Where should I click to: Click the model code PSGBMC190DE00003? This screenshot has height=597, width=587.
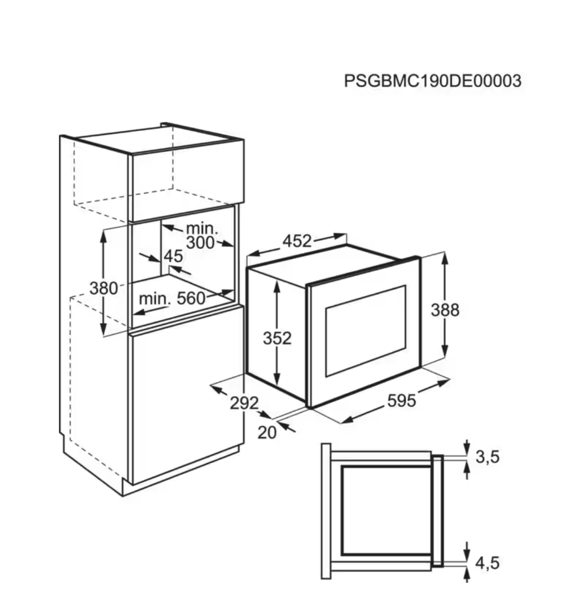pos(433,81)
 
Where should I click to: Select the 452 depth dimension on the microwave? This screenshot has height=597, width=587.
pos(297,241)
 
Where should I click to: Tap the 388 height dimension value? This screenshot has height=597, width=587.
pos(445,310)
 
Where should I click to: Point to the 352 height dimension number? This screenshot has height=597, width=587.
pos(277,338)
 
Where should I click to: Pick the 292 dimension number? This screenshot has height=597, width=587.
pos(244,403)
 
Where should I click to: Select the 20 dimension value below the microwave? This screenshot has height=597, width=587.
pos(266,432)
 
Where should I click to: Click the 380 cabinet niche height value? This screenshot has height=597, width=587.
pos(104,288)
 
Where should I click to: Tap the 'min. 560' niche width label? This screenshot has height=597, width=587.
pos(172,298)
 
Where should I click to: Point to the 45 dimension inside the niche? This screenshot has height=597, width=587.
pos(174,256)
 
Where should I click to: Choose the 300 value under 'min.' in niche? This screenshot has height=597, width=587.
pos(200,243)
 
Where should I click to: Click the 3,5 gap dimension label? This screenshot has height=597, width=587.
pos(487,457)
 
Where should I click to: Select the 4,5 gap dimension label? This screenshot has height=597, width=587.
pos(487,563)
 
